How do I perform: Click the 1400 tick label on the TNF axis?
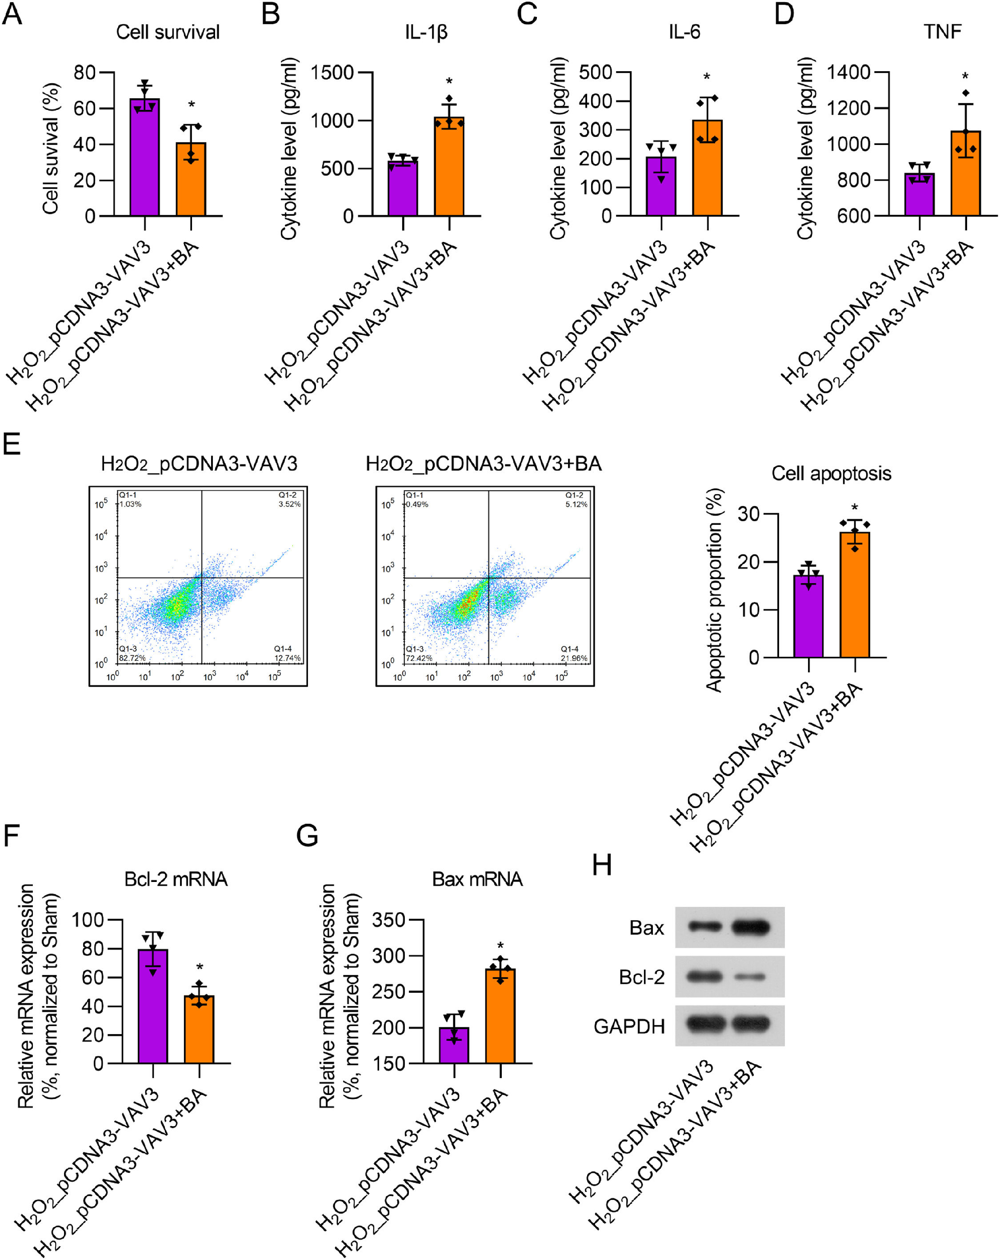(x=848, y=72)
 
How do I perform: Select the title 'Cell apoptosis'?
(x=831, y=473)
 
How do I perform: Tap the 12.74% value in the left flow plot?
(x=288, y=658)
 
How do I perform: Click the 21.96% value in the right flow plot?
(x=574, y=658)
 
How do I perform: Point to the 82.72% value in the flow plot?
(x=132, y=658)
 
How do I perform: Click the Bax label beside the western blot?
(x=647, y=928)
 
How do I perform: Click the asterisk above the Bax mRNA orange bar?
(x=500, y=946)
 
